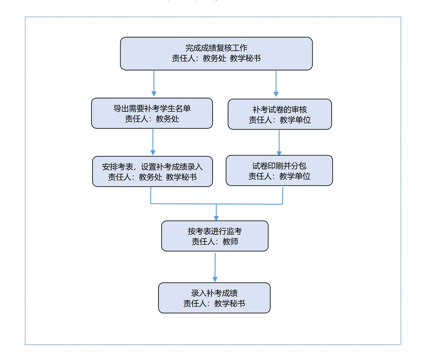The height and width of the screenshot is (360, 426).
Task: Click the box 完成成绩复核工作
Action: pos(216,54)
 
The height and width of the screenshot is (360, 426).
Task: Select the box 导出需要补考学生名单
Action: pos(152,113)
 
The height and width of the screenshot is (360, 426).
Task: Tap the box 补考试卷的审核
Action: pos(280,114)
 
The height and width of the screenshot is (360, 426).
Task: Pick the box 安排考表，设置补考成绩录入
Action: pos(152,171)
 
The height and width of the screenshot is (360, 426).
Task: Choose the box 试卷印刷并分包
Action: pos(279,170)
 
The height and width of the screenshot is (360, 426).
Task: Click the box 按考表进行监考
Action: pos(215,236)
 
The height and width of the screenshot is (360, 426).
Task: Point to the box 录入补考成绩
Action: pos(214,298)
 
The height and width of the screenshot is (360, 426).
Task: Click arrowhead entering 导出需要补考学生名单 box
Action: pos(154,94)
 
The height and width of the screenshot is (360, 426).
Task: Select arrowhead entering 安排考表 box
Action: pos(153,153)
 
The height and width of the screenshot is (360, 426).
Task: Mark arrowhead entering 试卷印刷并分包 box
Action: pos(279,153)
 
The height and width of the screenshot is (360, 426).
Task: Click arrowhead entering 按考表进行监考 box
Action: pos(216,218)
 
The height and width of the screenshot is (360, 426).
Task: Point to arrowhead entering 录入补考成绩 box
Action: pos(215,279)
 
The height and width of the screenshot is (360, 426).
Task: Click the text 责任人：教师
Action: pos(215,242)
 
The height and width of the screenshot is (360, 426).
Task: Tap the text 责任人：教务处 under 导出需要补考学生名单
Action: pos(152,119)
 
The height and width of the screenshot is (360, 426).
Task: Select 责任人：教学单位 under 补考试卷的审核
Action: pos(280,120)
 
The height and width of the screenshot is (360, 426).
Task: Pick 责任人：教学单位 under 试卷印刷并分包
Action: pos(279,176)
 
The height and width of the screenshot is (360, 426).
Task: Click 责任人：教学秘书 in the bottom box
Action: pos(214,303)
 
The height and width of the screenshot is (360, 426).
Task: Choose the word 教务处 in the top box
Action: pos(214,58)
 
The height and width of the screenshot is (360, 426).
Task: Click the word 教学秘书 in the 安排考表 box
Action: pos(181,177)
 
